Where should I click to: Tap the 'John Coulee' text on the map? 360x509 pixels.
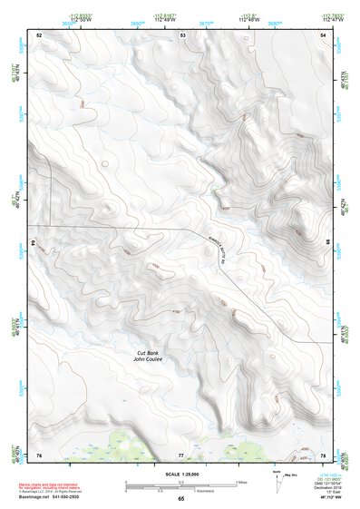pos(149,360)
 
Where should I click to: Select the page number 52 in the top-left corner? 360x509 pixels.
pos(39,34)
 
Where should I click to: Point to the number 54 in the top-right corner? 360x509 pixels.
pos(324,34)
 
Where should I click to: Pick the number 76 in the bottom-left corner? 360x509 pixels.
pos(39,454)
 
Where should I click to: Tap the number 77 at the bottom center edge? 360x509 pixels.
pos(181,454)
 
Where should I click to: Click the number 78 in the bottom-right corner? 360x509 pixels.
pos(324,454)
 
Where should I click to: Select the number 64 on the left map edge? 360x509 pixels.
pos(32,243)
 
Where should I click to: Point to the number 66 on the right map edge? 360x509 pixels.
pos(328,243)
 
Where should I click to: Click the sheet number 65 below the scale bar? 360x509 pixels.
pos(181,498)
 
